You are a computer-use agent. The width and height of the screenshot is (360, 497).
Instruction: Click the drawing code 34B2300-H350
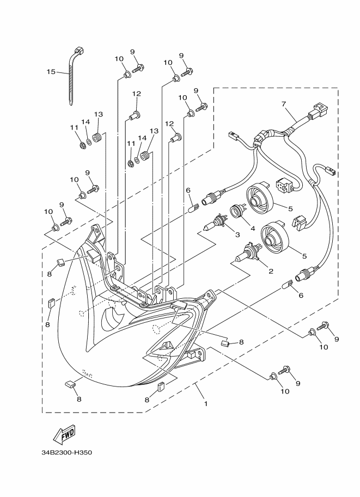tap(66, 452)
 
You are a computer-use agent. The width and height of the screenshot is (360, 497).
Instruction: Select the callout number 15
tap(51, 72)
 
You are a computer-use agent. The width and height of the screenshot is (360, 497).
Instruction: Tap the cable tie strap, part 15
tap(75, 76)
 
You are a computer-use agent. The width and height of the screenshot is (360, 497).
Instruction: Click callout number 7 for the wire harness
tap(284, 104)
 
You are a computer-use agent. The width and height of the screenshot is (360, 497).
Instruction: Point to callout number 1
tap(206, 404)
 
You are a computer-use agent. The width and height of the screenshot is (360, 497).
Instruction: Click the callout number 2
tap(271, 271)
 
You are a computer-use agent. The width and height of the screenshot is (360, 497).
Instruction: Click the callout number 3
tap(237, 235)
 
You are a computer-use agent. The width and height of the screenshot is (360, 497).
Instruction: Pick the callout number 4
tap(253, 228)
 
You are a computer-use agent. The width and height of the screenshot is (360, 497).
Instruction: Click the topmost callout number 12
tap(137, 94)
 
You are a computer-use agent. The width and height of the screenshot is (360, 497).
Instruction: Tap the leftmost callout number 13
tap(99, 114)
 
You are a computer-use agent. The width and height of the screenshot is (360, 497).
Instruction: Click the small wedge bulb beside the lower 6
tap(288, 284)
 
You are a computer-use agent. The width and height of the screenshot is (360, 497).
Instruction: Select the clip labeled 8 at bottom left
tap(70, 384)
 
